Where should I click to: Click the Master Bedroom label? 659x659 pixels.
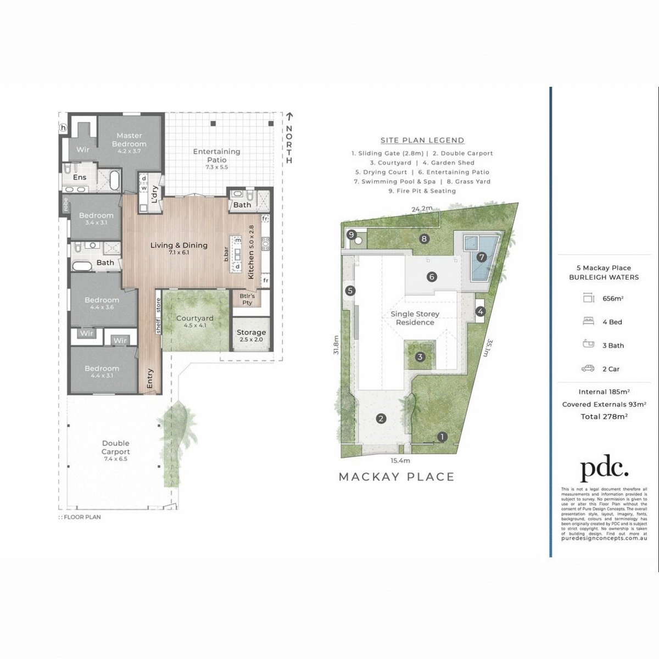[129, 140]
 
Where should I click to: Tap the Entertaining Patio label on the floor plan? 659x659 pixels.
[217, 155]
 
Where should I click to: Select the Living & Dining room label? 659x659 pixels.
[179, 245]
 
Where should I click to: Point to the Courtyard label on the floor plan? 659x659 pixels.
[195, 319]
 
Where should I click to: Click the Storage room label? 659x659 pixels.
[251, 333]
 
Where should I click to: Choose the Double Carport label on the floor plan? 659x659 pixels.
[115, 448]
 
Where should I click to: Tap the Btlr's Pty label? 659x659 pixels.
[247, 299]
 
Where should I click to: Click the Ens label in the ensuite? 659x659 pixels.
[80, 177]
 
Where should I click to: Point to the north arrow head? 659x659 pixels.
[289, 116]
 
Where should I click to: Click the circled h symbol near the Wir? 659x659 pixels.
[63, 128]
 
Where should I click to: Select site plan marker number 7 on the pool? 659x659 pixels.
[482, 257]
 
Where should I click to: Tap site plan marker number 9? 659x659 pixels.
[351, 234]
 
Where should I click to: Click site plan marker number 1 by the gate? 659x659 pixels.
[443, 437]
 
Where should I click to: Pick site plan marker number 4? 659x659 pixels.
[481, 312]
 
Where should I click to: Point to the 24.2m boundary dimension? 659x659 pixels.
[422, 209]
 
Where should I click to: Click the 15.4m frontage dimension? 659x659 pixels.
[400, 461]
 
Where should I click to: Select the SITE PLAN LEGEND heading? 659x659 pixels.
[422, 141]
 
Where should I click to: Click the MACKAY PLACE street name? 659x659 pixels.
[396, 477]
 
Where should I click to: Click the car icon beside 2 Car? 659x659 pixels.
[588, 369]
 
